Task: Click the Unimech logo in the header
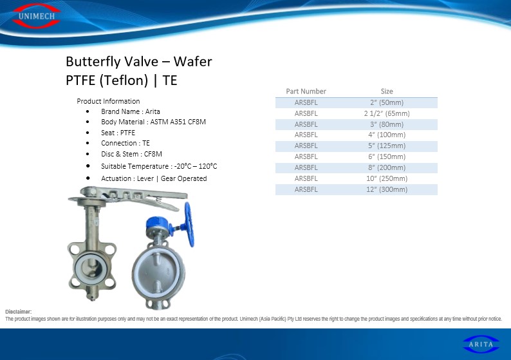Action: pyautogui.click(x=36, y=15)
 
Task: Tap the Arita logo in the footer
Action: pyautogui.click(x=481, y=344)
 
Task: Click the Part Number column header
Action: pyautogui.click(x=306, y=91)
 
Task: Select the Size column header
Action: pyautogui.click(x=387, y=91)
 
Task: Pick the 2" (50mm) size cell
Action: pyautogui.click(x=387, y=102)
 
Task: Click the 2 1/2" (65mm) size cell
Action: pyautogui.click(x=387, y=113)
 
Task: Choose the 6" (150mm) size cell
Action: pyautogui.click(x=387, y=156)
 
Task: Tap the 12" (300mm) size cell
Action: pyautogui.click(x=387, y=189)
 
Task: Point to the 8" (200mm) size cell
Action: pyautogui.click(x=387, y=167)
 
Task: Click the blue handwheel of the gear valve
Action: pyautogui.click(x=189, y=225)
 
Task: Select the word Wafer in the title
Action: pyautogui.click(x=192, y=61)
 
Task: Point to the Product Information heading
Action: pyautogui.click(x=108, y=101)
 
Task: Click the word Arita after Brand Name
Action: pyautogui.click(x=153, y=111)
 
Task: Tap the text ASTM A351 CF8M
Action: pyautogui.click(x=178, y=122)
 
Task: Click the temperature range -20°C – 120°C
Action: pyautogui.click(x=196, y=166)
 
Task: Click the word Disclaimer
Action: pyautogui.click(x=18, y=312)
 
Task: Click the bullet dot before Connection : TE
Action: pyautogui.click(x=88, y=143)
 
